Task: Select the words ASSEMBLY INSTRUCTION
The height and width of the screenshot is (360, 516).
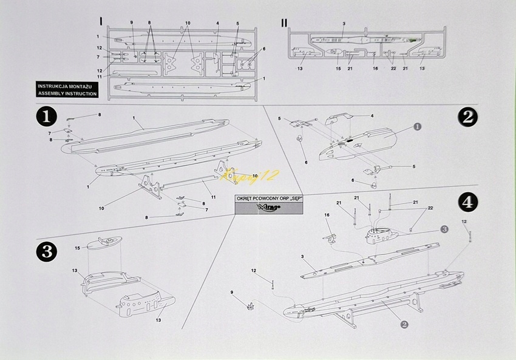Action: point(66,94)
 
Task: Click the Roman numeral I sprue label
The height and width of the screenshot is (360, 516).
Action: point(101,21)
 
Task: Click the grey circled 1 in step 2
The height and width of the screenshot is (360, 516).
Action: point(416,126)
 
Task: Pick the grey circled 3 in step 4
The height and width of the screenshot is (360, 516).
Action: point(444,228)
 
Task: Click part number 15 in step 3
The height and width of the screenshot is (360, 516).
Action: point(77,248)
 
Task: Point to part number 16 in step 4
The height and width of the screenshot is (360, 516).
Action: point(327,215)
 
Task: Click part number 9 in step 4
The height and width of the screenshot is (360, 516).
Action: point(231,293)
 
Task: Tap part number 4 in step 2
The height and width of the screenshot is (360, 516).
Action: point(372,115)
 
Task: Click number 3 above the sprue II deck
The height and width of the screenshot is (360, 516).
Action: point(344,24)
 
